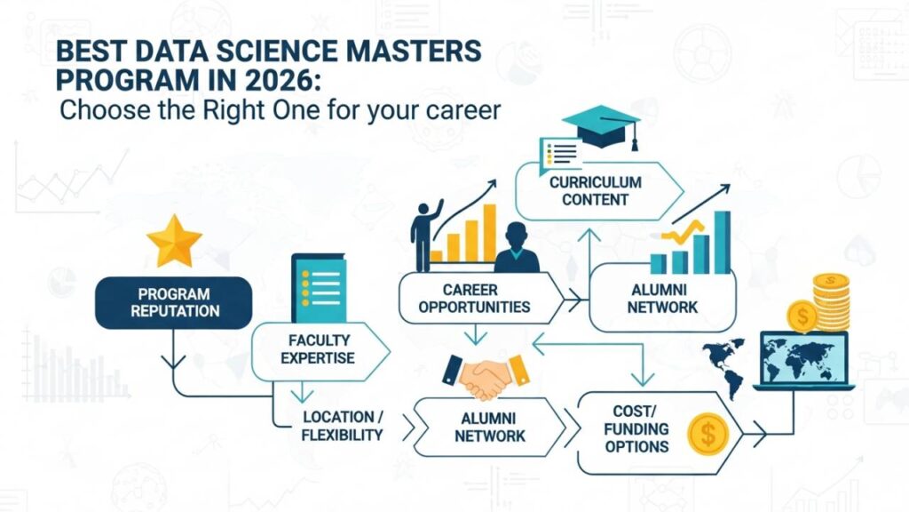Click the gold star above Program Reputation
click(x=174, y=239)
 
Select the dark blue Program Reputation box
click(x=173, y=302)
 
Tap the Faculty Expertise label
click(x=319, y=348)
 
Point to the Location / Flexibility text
click(x=342, y=426)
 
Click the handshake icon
click(x=485, y=377)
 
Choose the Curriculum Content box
click(x=595, y=190)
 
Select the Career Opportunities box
click(x=481, y=299)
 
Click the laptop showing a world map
click(x=802, y=361)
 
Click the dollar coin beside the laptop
click(x=802, y=316)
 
